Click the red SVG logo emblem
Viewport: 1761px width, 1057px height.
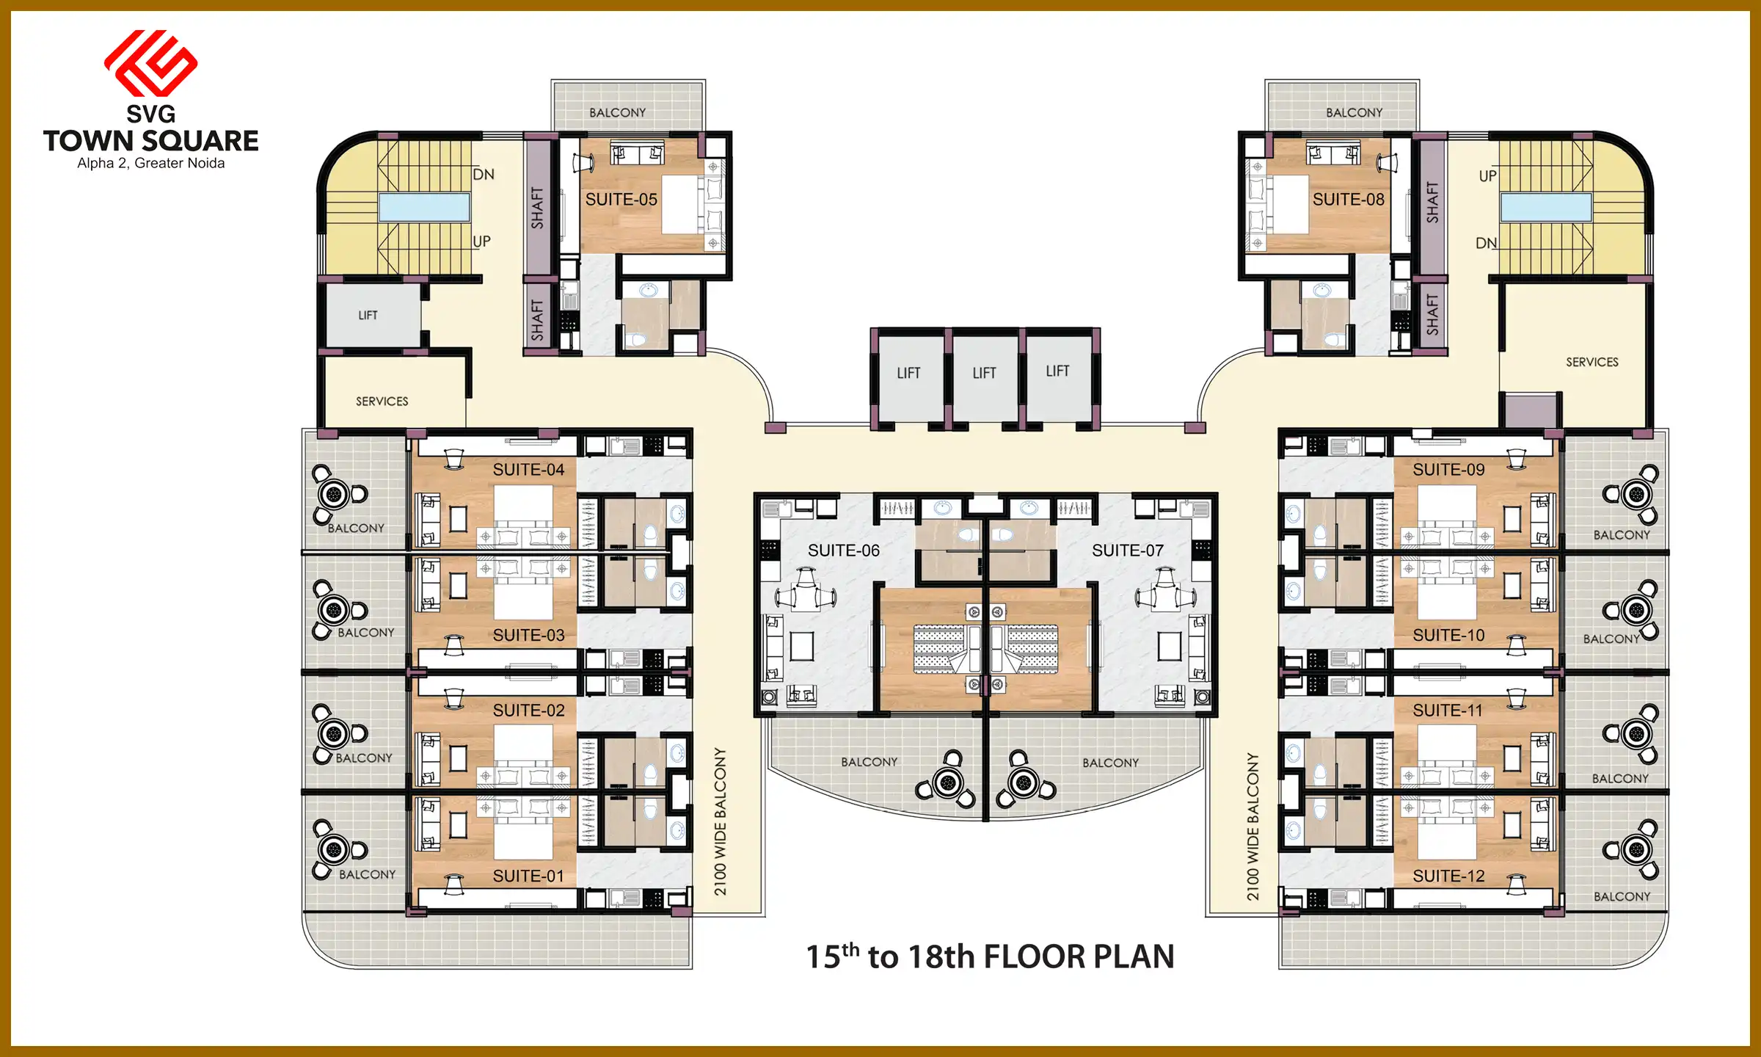[150, 63]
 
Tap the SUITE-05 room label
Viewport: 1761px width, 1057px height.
[621, 200]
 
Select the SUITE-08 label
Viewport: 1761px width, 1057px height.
[1348, 200]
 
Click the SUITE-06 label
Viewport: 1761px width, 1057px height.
[843, 551]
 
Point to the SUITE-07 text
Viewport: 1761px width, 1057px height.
[1127, 551]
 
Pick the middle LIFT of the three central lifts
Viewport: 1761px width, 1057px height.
[984, 373]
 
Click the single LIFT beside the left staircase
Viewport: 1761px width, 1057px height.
[368, 316]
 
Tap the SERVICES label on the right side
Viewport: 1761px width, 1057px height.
[1592, 362]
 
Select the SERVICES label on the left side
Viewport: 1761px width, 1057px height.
[382, 402]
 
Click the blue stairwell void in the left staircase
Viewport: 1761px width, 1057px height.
[424, 208]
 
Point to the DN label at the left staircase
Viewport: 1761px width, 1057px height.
[484, 175]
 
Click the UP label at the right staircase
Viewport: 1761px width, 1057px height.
[1487, 176]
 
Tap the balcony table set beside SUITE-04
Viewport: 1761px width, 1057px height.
[335, 494]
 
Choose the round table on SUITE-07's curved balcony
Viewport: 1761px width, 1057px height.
[1023, 782]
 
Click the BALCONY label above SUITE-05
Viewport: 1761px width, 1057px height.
[617, 112]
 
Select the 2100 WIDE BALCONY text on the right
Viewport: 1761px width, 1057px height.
[1253, 827]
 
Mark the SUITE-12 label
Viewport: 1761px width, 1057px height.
[1448, 876]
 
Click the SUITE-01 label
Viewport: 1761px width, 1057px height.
[528, 876]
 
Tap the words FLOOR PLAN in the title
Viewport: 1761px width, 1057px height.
[1079, 957]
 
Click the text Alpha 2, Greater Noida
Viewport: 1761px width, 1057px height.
[151, 163]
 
